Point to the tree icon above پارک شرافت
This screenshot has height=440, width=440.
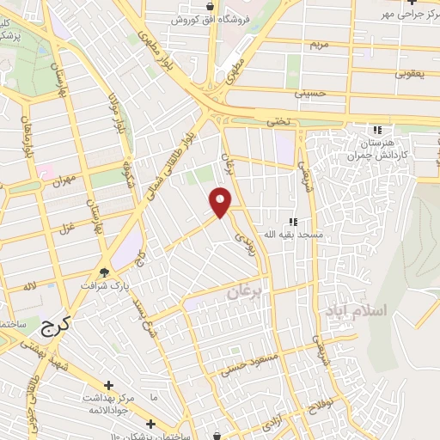tap(105, 274)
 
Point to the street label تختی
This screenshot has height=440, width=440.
tap(278, 122)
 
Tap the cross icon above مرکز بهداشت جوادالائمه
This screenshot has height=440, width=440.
tap(108, 386)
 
